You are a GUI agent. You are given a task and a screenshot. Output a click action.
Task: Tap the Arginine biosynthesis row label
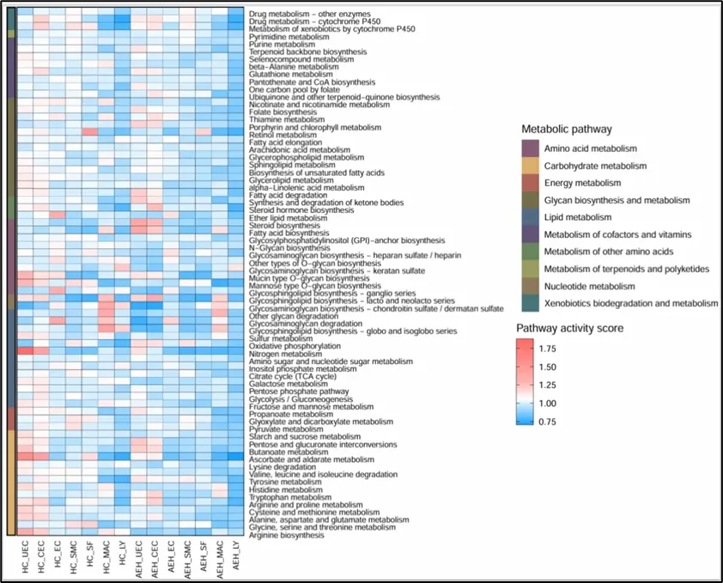coord(286,535)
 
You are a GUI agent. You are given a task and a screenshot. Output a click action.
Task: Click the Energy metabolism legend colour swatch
coord(532,183)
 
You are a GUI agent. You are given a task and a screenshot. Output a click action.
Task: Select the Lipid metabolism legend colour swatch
coord(532,217)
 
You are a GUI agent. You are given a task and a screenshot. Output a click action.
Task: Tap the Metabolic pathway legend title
coord(567,130)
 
